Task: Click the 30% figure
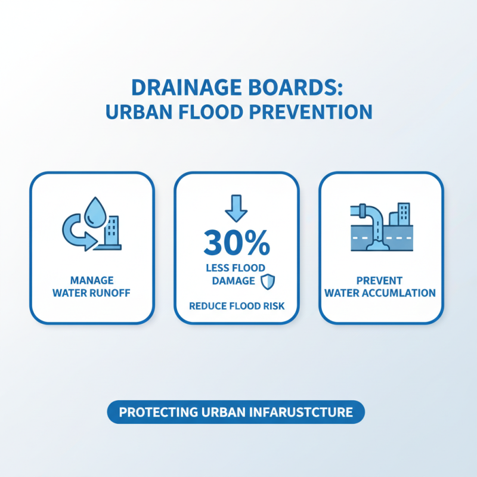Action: click(x=236, y=241)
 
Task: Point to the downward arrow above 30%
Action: click(x=236, y=207)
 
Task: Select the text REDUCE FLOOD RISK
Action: click(x=236, y=306)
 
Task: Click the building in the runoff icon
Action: click(x=111, y=231)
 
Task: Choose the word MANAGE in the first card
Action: click(x=91, y=280)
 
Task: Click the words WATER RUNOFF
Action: click(x=91, y=293)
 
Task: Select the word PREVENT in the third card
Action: click(x=380, y=280)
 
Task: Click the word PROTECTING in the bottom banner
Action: click(x=156, y=412)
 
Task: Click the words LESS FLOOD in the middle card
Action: click(x=236, y=268)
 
